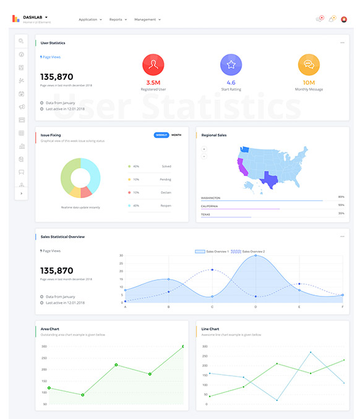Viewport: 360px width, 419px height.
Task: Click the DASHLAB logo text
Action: click(33, 17)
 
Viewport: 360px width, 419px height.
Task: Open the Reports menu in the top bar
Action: click(117, 20)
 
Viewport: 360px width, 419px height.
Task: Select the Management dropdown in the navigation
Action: click(147, 20)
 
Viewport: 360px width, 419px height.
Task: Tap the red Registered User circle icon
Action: click(153, 64)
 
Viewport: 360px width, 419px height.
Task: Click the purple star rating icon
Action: click(231, 64)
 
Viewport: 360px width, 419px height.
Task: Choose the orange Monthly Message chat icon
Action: click(309, 64)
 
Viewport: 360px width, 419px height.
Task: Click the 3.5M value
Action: click(153, 82)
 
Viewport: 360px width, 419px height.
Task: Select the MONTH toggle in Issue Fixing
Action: click(176, 135)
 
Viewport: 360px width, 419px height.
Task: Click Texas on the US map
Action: click(270, 179)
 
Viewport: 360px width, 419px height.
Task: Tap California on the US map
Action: click(241, 166)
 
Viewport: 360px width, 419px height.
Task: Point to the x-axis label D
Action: click(255, 307)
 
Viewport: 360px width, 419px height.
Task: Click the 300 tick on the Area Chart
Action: click(45, 347)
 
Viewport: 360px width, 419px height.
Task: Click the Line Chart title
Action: click(210, 329)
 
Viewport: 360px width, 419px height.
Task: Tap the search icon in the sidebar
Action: click(22, 41)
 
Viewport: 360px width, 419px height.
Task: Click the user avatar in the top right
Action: click(344, 19)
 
